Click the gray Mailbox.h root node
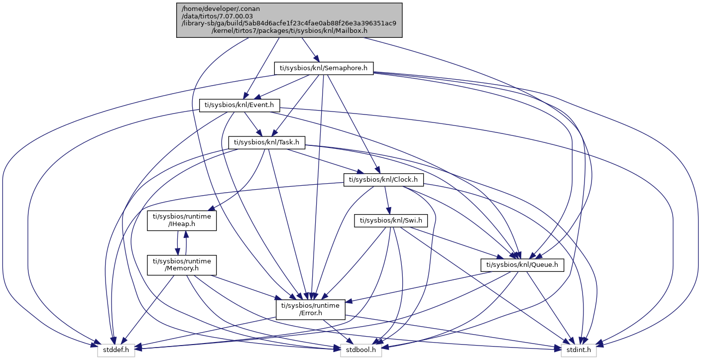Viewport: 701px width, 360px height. pos(289,20)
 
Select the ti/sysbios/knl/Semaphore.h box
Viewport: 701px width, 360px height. pos(324,68)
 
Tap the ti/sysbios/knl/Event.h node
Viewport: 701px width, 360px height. pos(239,105)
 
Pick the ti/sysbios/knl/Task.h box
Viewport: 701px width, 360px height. pos(266,142)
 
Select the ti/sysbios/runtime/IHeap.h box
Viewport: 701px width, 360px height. pos(182,221)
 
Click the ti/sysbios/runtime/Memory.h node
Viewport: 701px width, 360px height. pos(182,265)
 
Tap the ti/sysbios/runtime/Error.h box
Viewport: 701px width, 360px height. pos(311,309)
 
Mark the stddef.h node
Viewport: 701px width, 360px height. pos(116,350)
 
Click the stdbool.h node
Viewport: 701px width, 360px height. pos(361,350)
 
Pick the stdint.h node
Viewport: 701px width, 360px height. pos(579,350)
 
